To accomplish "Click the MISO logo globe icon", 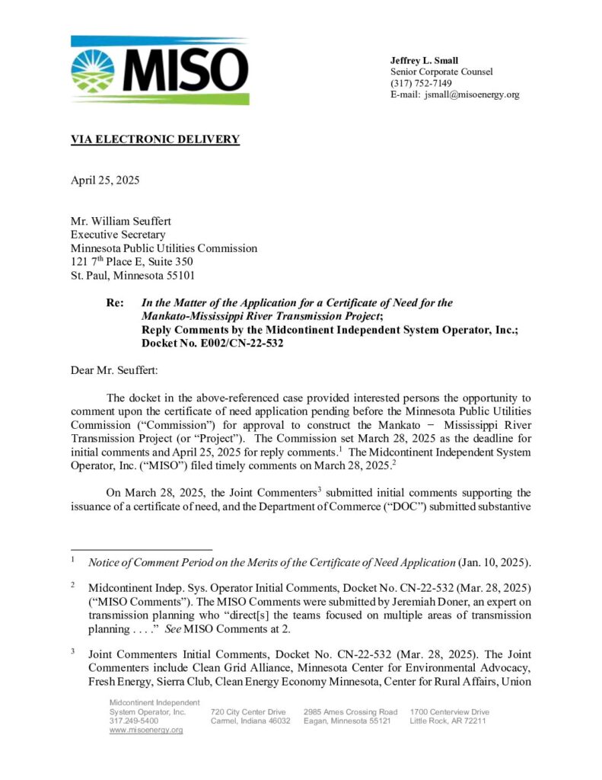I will coord(93,71).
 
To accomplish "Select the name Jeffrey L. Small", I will coord(424,60).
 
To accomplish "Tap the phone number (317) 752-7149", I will coord(421,83).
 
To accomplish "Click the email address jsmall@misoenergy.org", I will coord(472,94).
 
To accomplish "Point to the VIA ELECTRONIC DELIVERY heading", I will coord(155,139).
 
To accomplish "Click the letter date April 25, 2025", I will coord(105,181).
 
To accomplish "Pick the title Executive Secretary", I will coord(118,235).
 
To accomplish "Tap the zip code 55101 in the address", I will coord(188,275).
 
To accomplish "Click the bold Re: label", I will coord(115,302).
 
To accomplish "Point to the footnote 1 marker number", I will coord(73,561).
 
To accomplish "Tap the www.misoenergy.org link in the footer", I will coord(146,730).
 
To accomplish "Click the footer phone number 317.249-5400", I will coord(134,721).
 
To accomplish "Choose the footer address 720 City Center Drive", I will coord(248,711).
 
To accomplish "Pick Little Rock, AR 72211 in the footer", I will coord(448,721).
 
